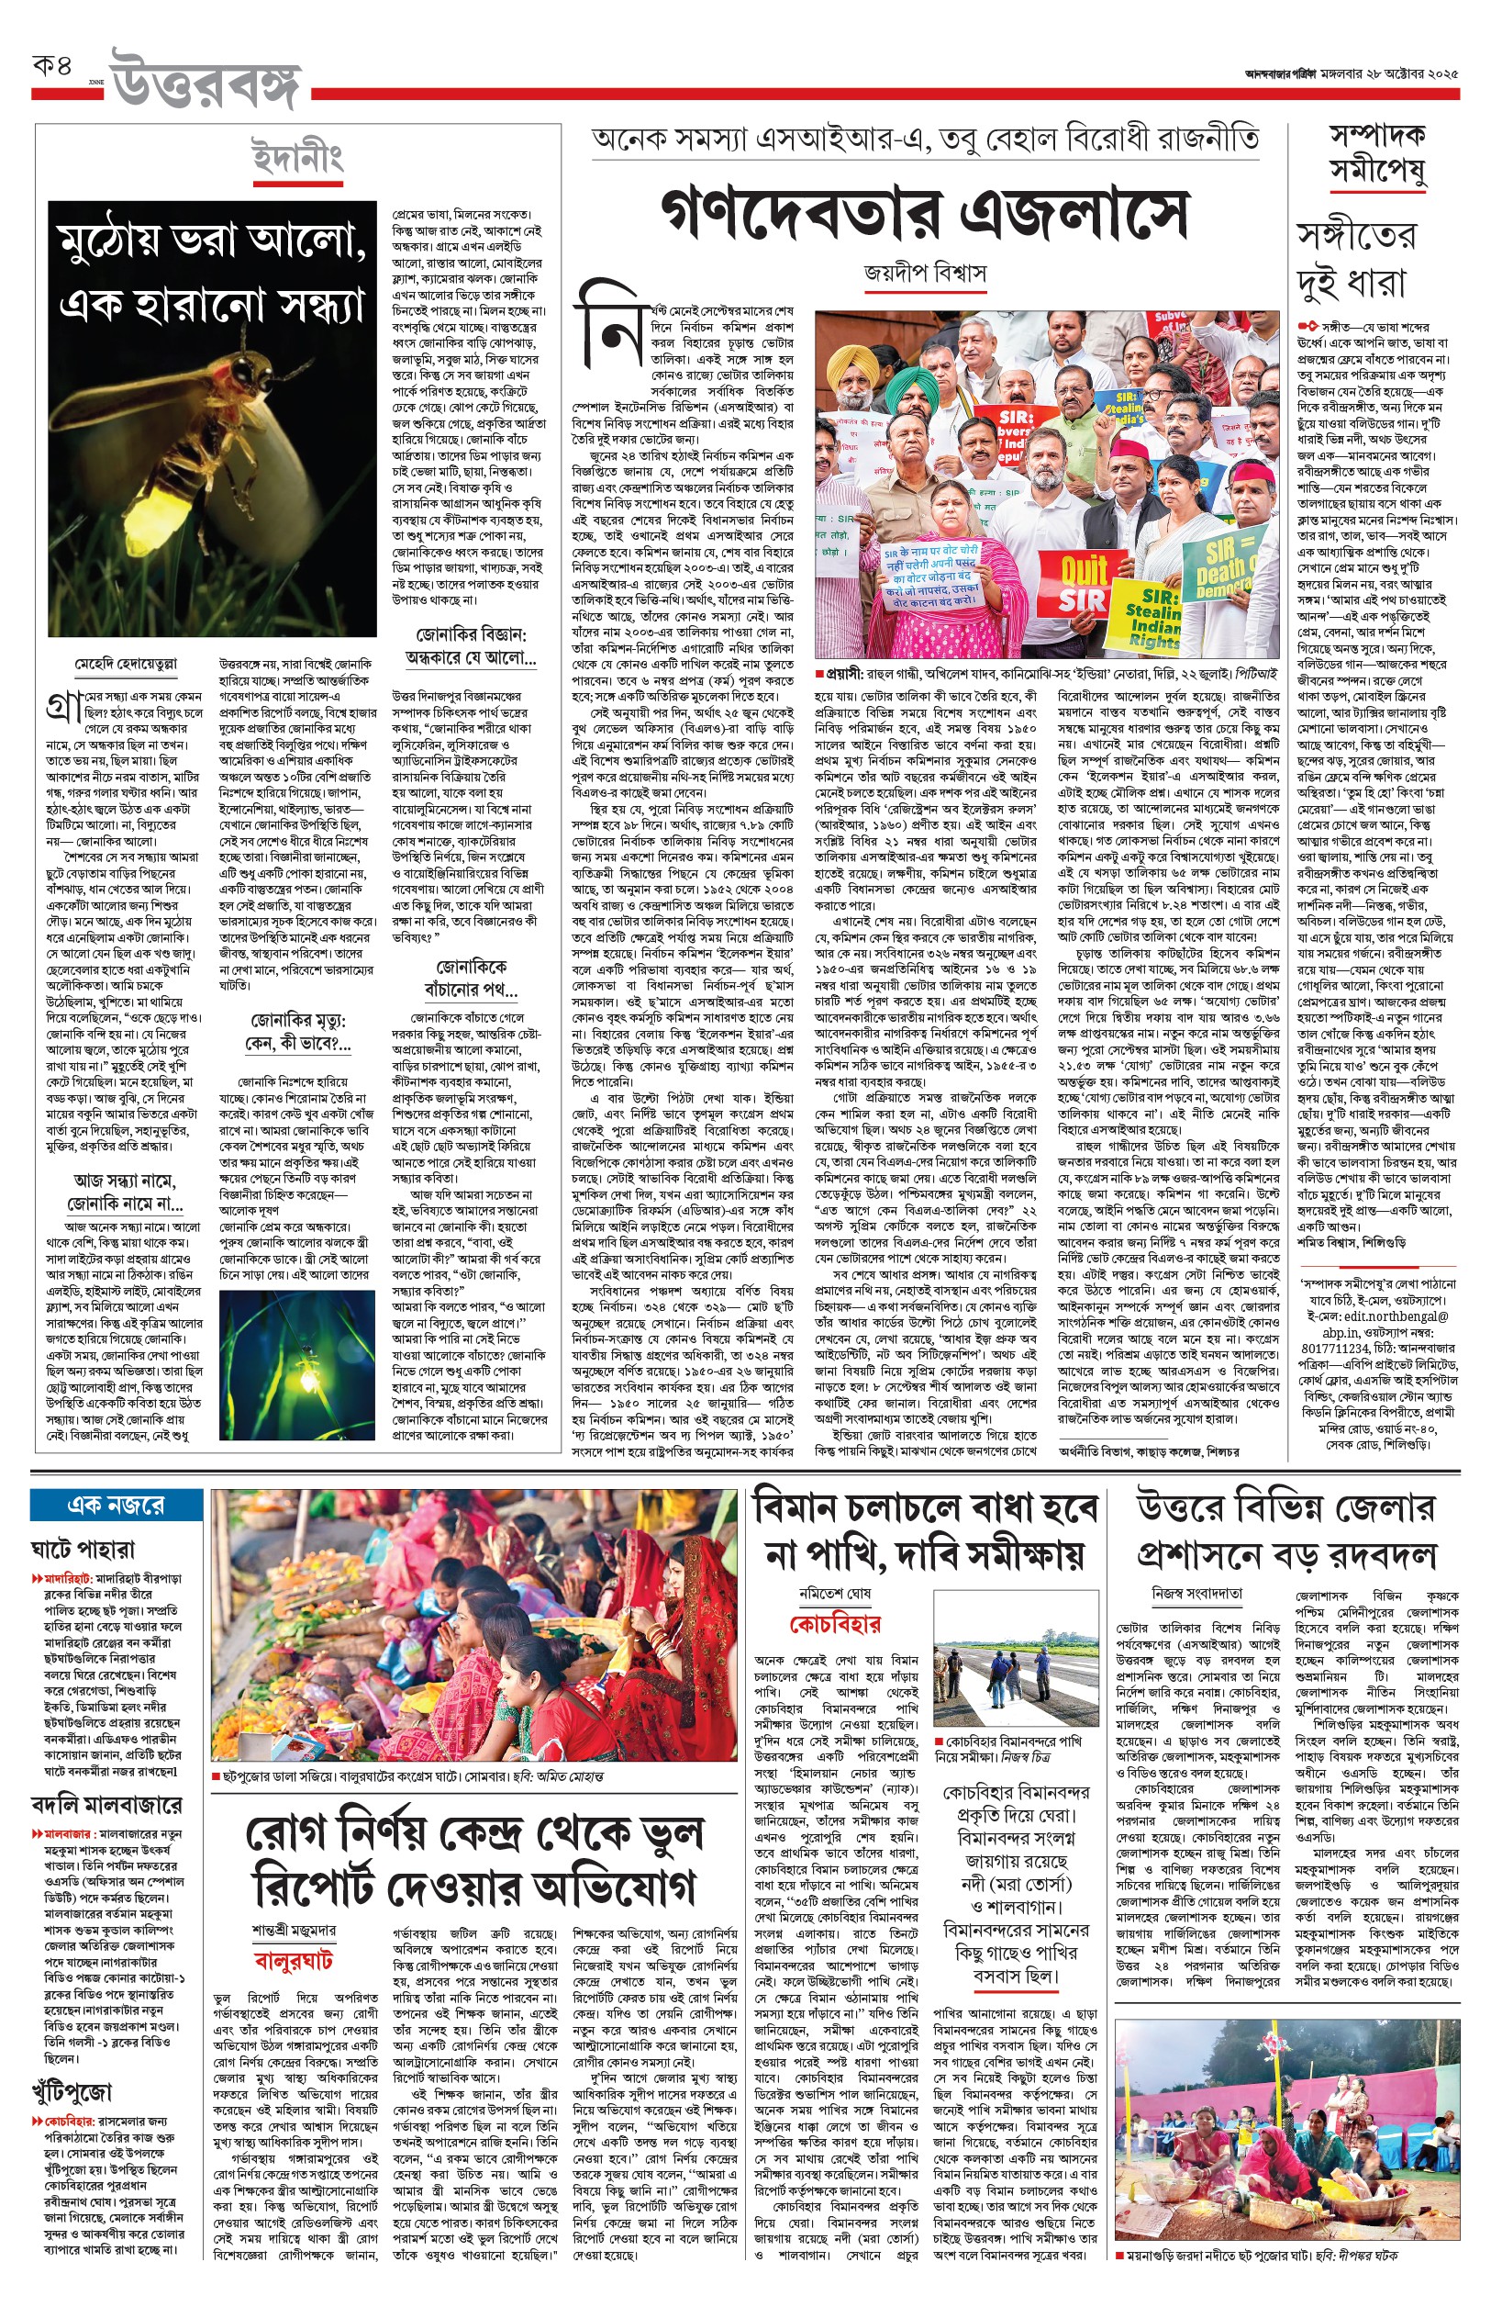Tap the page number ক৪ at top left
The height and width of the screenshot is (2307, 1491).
click(x=53, y=68)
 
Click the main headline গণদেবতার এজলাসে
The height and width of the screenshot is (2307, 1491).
click(x=924, y=215)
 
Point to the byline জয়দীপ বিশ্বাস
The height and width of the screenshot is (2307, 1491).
click(x=925, y=274)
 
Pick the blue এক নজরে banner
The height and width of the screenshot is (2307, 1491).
click(x=117, y=1506)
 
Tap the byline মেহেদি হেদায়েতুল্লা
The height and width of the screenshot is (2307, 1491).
click(x=126, y=665)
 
